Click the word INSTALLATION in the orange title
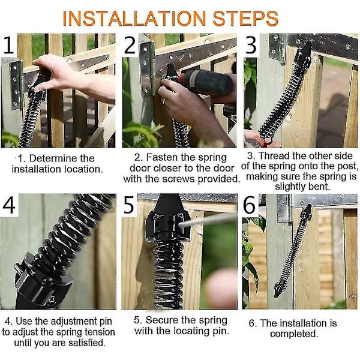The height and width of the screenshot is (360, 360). [134, 19]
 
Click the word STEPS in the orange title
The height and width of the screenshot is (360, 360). [245, 19]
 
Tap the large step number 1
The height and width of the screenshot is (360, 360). [8, 45]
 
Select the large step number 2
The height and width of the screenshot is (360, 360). [130, 45]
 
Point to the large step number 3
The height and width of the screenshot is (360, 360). [251, 45]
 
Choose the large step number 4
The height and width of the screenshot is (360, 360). [9, 205]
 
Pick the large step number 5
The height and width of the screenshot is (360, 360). [129, 205]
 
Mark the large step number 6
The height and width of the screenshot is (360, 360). [249, 205]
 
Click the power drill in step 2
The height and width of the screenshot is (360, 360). [202, 82]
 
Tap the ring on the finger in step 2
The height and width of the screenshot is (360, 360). [164, 100]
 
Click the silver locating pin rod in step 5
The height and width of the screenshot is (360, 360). [206, 220]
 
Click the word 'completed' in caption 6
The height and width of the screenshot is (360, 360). [294, 334]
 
